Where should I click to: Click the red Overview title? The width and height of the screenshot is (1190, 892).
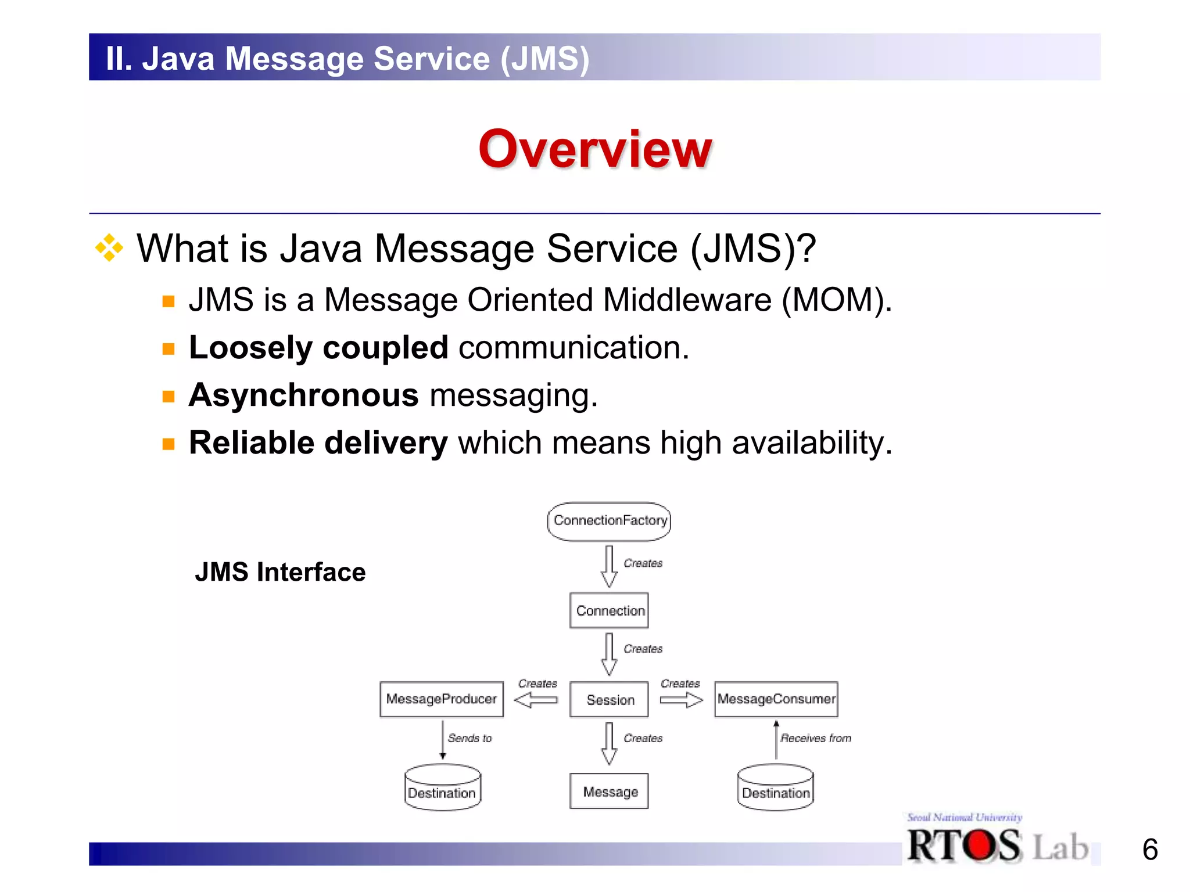(x=595, y=149)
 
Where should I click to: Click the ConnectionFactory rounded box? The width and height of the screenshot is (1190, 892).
(x=609, y=521)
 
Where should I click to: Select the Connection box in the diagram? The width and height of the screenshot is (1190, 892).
(x=609, y=610)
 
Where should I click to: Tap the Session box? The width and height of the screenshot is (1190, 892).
(x=609, y=700)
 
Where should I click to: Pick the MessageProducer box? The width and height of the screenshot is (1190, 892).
(x=442, y=699)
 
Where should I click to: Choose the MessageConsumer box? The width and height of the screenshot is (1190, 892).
(x=776, y=699)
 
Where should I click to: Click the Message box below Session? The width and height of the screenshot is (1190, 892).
(x=609, y=792)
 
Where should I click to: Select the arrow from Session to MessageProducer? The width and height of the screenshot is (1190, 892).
(x=536, y=700)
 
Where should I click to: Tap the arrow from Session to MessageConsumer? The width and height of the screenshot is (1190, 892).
(x=682, y=700)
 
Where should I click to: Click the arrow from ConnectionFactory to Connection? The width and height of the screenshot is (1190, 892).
(x=609, y=566)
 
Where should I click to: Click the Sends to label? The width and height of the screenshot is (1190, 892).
(x=469, y=738)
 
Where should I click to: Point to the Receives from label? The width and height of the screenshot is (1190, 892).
(x=815, y=738)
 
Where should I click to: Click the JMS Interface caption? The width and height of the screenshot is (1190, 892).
(x=280, y=572)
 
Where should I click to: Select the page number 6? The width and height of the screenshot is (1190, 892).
(x=1150, y=850)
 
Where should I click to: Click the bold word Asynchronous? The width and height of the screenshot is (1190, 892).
(x=304, y=395)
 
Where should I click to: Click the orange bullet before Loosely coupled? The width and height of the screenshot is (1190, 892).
(x=169, y=349)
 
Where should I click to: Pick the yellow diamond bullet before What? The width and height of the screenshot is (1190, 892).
(x=109, y=249)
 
